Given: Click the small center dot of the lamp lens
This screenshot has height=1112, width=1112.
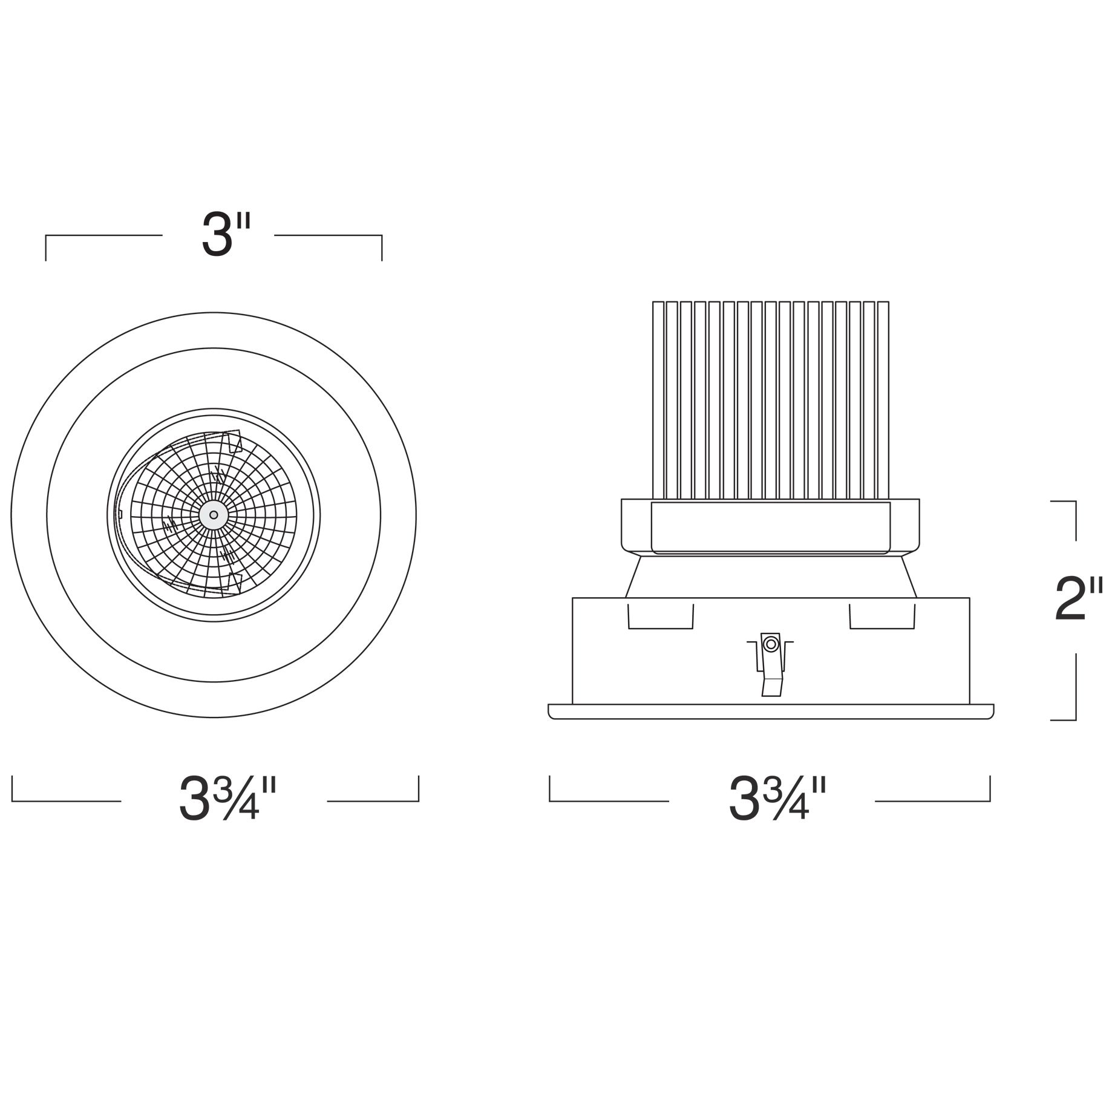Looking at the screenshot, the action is [214, 515].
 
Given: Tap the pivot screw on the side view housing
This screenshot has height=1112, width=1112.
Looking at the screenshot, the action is [770, 644].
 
